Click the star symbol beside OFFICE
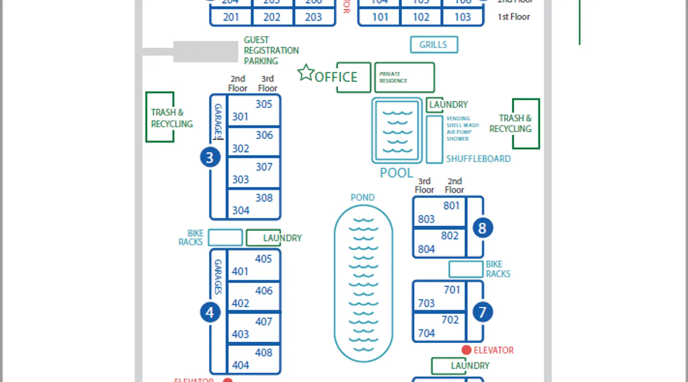[x=306, y=73]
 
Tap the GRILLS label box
[x=434, y=45]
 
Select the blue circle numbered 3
[x=210, y=157]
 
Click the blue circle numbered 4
[x=210, y=312]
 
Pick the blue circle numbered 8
[x=482, y=228]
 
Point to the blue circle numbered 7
[x=482, y=312]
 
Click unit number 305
[x=264, y=104]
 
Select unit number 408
[x=264, y=353]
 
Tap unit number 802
[x=449, y=236]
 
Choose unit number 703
[x=426, y=303]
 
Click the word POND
[x=362, y=197]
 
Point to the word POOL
[x=396, y=173]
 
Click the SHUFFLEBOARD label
[x=478, y=159]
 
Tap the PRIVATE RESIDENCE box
[x=404, y=78]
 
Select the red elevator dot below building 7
[x=466, y=350]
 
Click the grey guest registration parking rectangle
[x=206, y=52]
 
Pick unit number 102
[x=421, y=17]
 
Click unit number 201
[x=231, y=17]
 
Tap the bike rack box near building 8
[x=466, y=269]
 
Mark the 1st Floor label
[x=514, y=17]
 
